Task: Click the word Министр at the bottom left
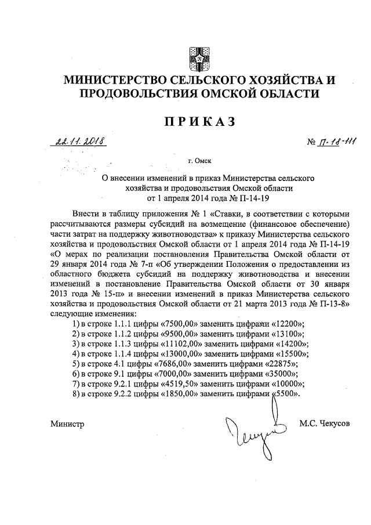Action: [67, 424]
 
